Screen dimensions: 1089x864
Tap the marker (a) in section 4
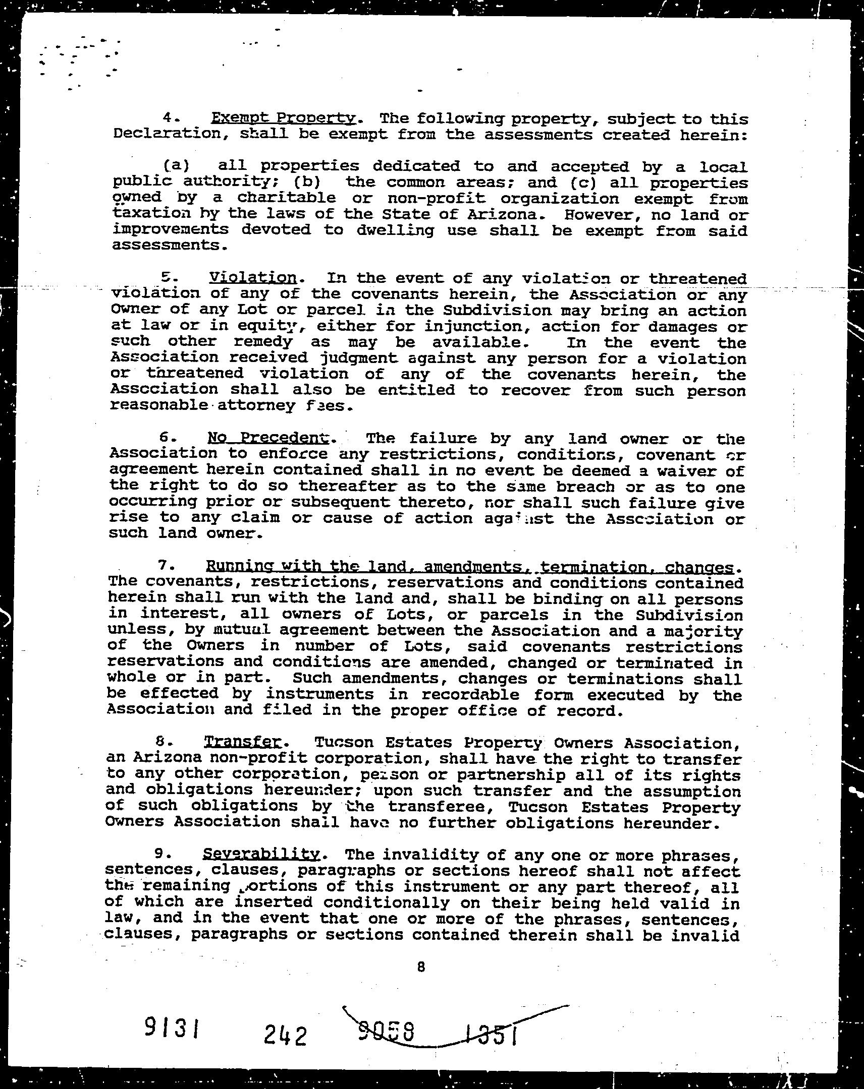176,165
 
